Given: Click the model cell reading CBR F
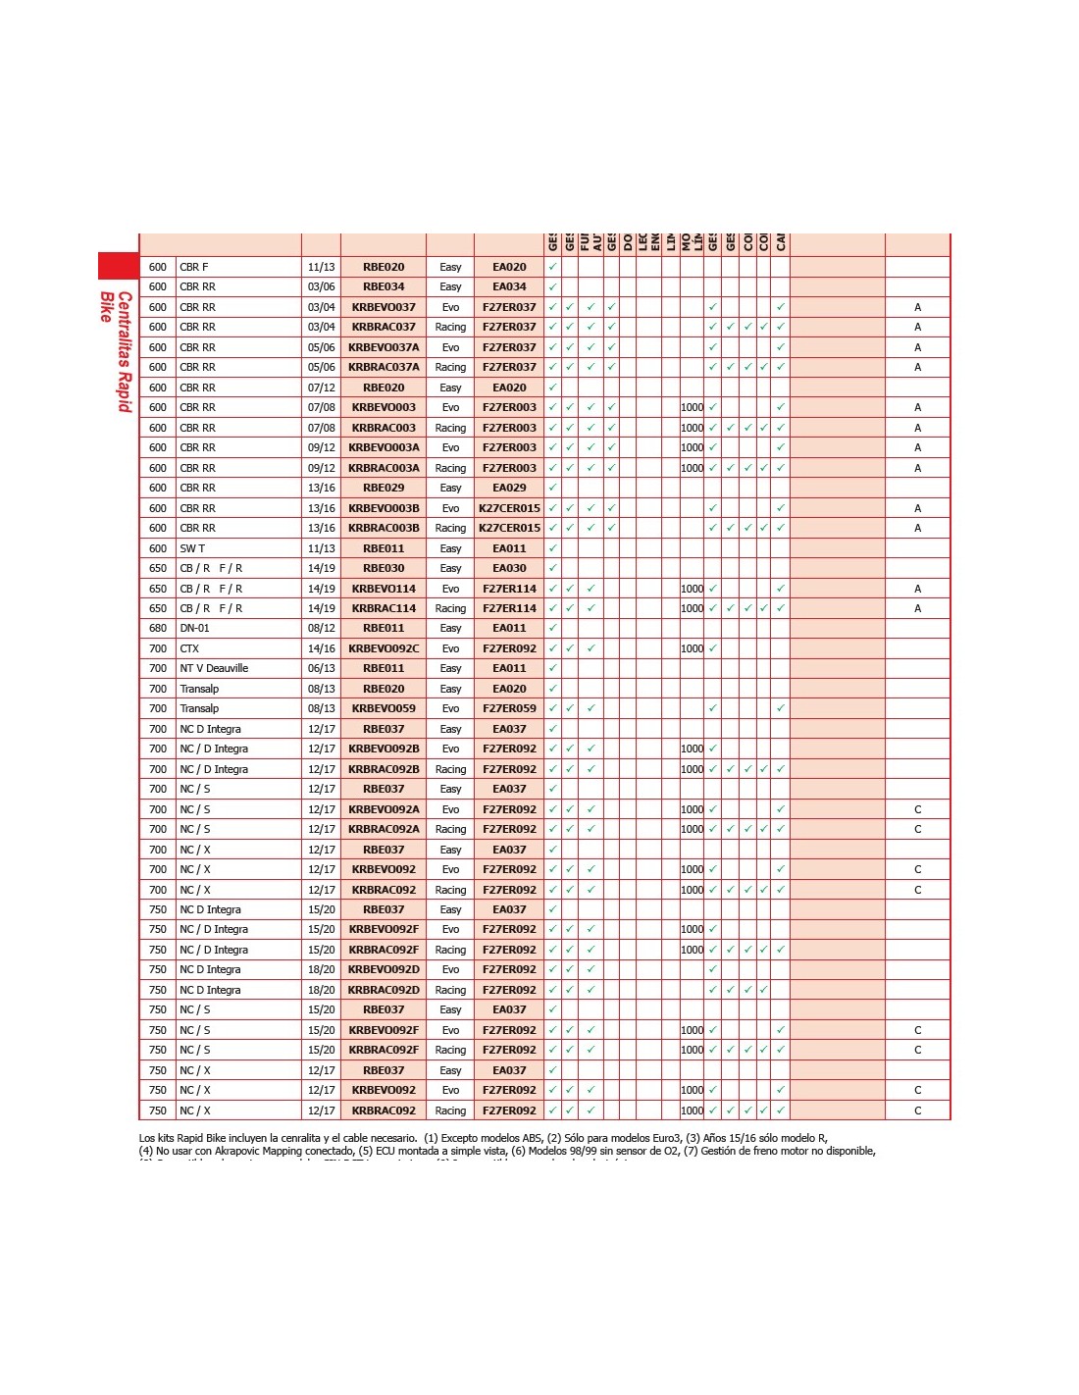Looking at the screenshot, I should coord(194,267).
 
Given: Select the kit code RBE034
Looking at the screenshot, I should coord(384,286).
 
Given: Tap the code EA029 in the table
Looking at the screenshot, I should coord(509,488).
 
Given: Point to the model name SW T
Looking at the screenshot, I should coord(192,548).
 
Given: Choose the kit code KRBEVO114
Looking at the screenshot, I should coord(384,589).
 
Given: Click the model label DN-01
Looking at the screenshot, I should coord(194,628).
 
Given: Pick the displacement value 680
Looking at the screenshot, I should coord(158,628).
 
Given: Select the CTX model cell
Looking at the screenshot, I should coord(189,648).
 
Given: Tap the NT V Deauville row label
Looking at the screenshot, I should coord(214,668).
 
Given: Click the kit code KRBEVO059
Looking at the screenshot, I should coord(384,708).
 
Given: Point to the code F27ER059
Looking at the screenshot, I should coord(509,708).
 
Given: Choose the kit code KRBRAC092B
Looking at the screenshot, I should coord(384,769).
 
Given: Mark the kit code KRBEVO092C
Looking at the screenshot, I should coord(384,648).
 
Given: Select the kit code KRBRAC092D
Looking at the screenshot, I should coord(384,990).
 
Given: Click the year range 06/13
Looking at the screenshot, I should coord(322,668).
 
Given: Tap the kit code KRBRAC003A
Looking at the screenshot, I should coord(384,468).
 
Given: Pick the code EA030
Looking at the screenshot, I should coord(509,568).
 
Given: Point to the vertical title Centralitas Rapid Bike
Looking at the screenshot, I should coord(116,349).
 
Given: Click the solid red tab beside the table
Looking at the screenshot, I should coord(118,265).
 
